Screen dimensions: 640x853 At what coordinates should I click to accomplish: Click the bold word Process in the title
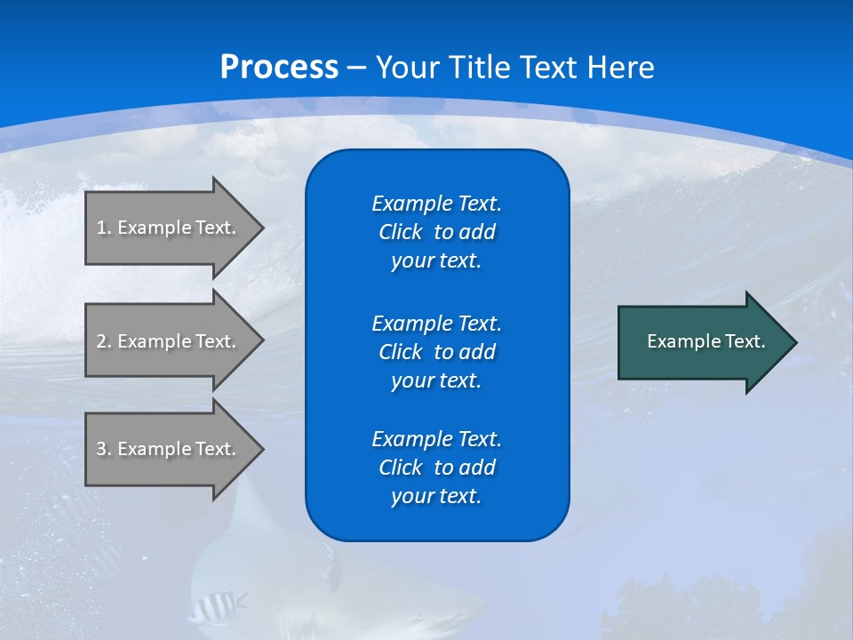(x=279, y=68)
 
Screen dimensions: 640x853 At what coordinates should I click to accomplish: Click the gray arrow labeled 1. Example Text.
(x=169, y=228)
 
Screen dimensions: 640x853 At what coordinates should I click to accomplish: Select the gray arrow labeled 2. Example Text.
(x=169, y=341)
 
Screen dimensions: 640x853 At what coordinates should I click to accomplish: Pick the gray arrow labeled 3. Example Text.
(x=169, y=449)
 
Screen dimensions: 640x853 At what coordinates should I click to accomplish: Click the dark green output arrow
(x=702, y=341)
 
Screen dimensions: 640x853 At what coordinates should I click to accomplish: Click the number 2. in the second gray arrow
(x=104, y=341)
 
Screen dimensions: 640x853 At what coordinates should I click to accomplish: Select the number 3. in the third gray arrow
(x=104, y=449)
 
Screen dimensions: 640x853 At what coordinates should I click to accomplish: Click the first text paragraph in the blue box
(x=436, y=232)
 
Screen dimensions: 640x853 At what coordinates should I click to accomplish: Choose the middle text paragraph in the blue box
(x=436, y=352)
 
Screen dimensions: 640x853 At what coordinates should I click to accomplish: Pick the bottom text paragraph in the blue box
(x=436, y=468)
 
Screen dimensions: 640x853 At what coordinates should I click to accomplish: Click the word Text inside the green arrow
(x=745, y=341)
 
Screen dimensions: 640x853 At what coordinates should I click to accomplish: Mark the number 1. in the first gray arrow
(x=104, y=228)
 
